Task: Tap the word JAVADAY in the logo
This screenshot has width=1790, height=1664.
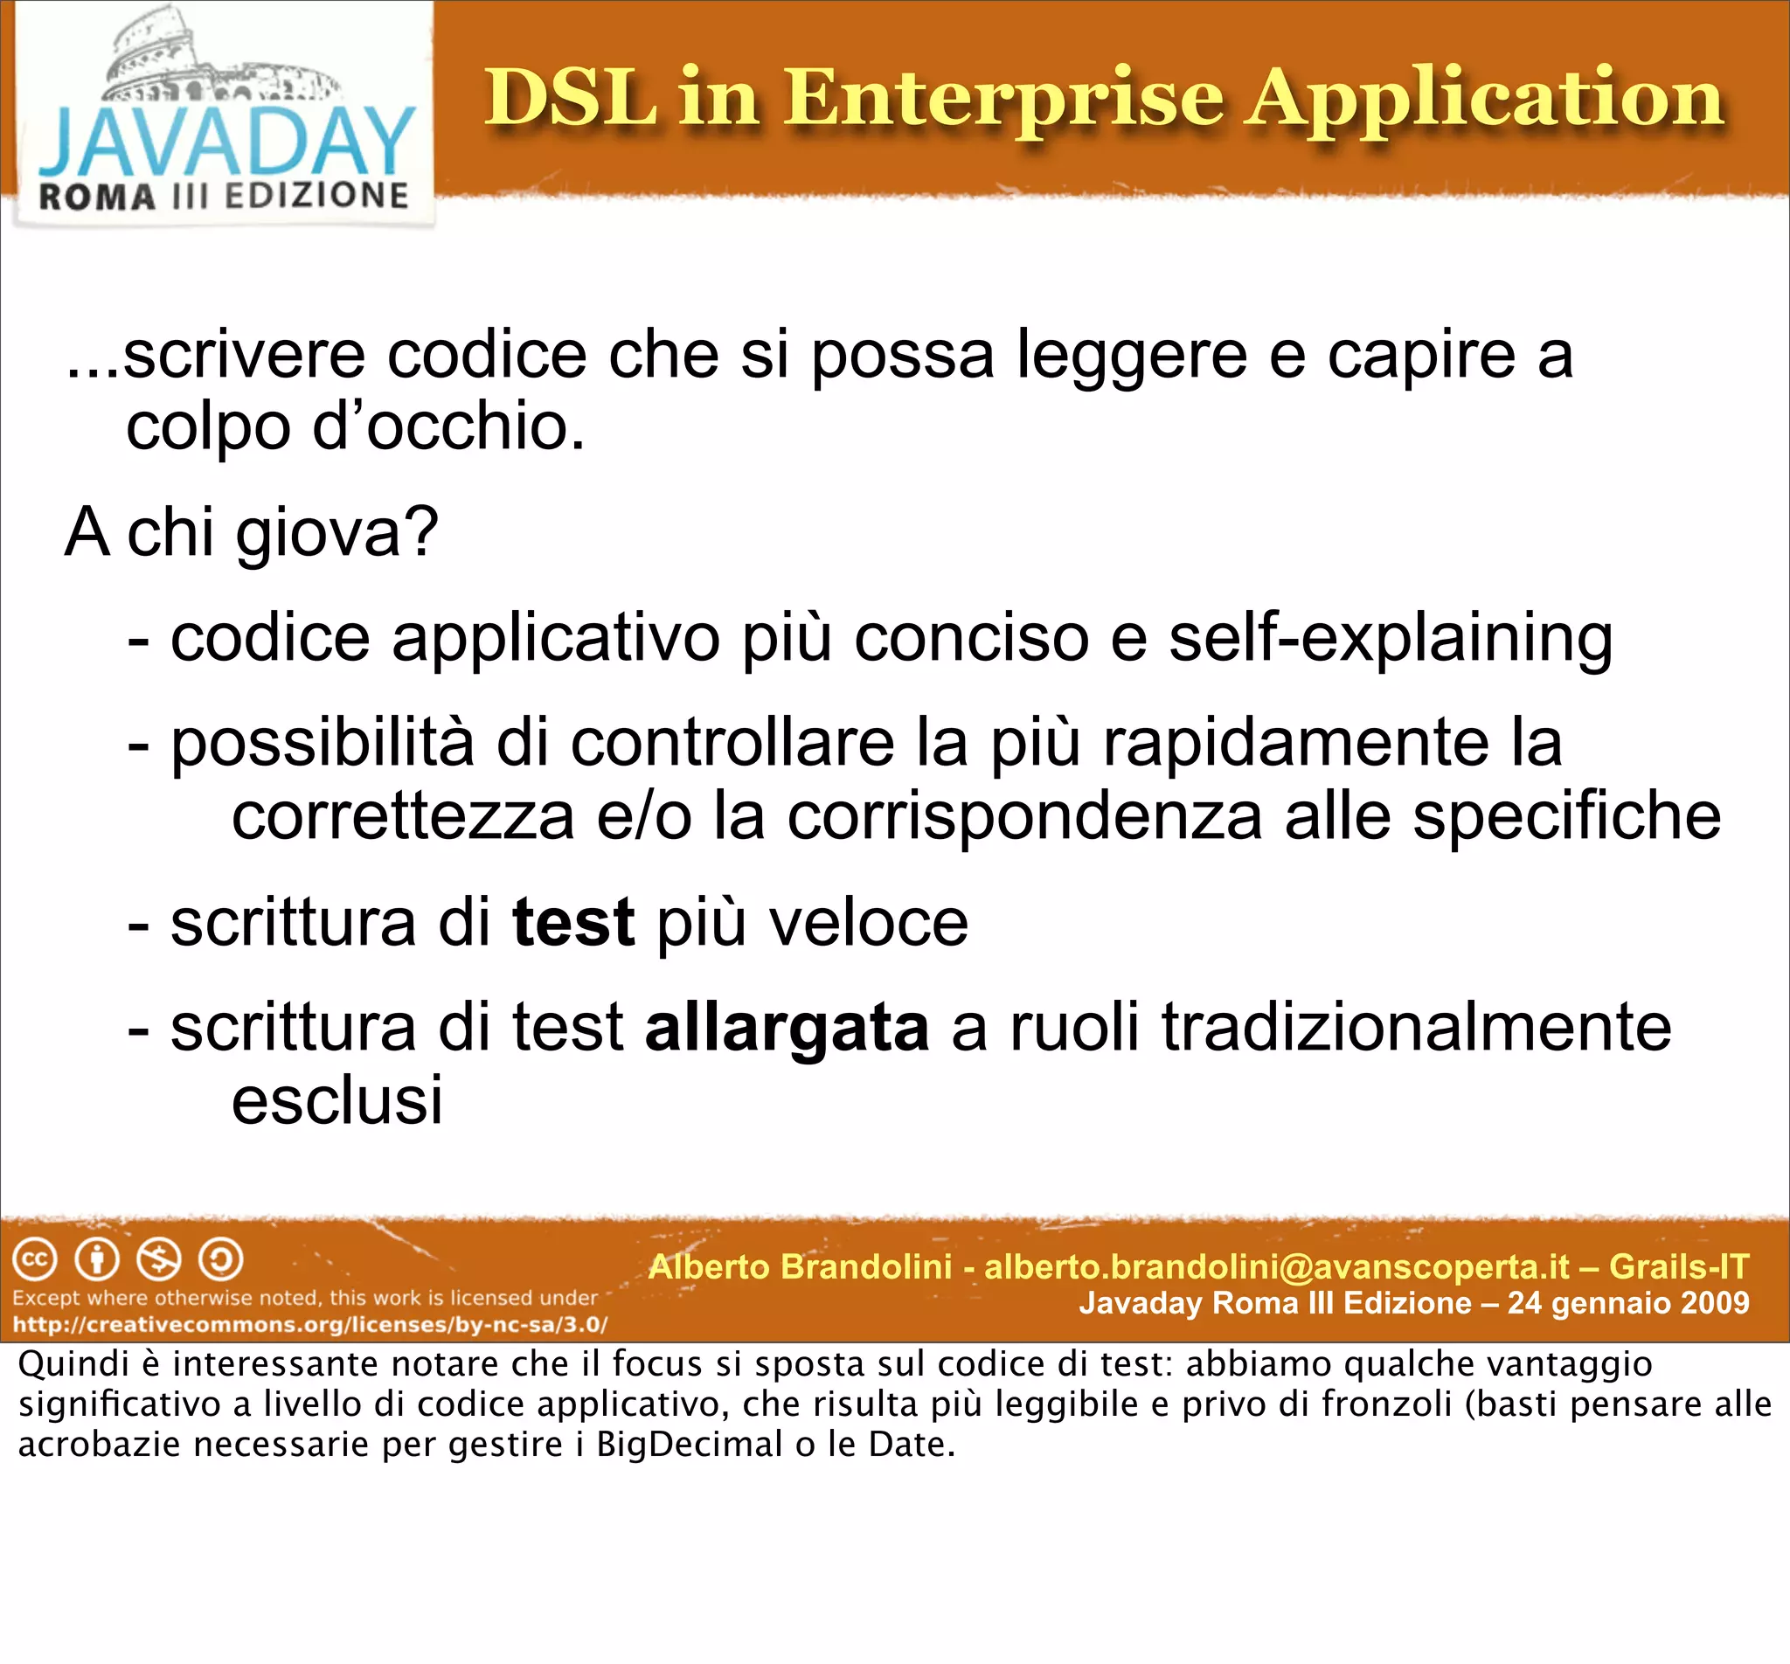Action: coord(226,142)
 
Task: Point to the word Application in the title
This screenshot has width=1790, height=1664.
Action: coord(1486,99)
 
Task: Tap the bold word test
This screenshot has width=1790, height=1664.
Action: coord(572,923)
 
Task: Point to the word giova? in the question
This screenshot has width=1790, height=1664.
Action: coord(336,533)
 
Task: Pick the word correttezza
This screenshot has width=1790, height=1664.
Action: coord(402,816)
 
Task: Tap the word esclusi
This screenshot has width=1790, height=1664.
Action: coord(336,1100)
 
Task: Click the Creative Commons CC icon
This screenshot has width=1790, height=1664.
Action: coord(35,1260)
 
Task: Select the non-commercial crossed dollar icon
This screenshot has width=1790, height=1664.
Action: coord(158,1260)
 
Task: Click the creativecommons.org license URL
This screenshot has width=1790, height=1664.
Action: coord(309,1325)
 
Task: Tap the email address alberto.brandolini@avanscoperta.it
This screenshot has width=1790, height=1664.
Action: coord(1277,1267)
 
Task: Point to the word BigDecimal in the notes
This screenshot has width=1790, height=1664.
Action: coord(689,1445)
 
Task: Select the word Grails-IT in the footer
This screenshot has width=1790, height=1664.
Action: coord(1678,1267)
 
